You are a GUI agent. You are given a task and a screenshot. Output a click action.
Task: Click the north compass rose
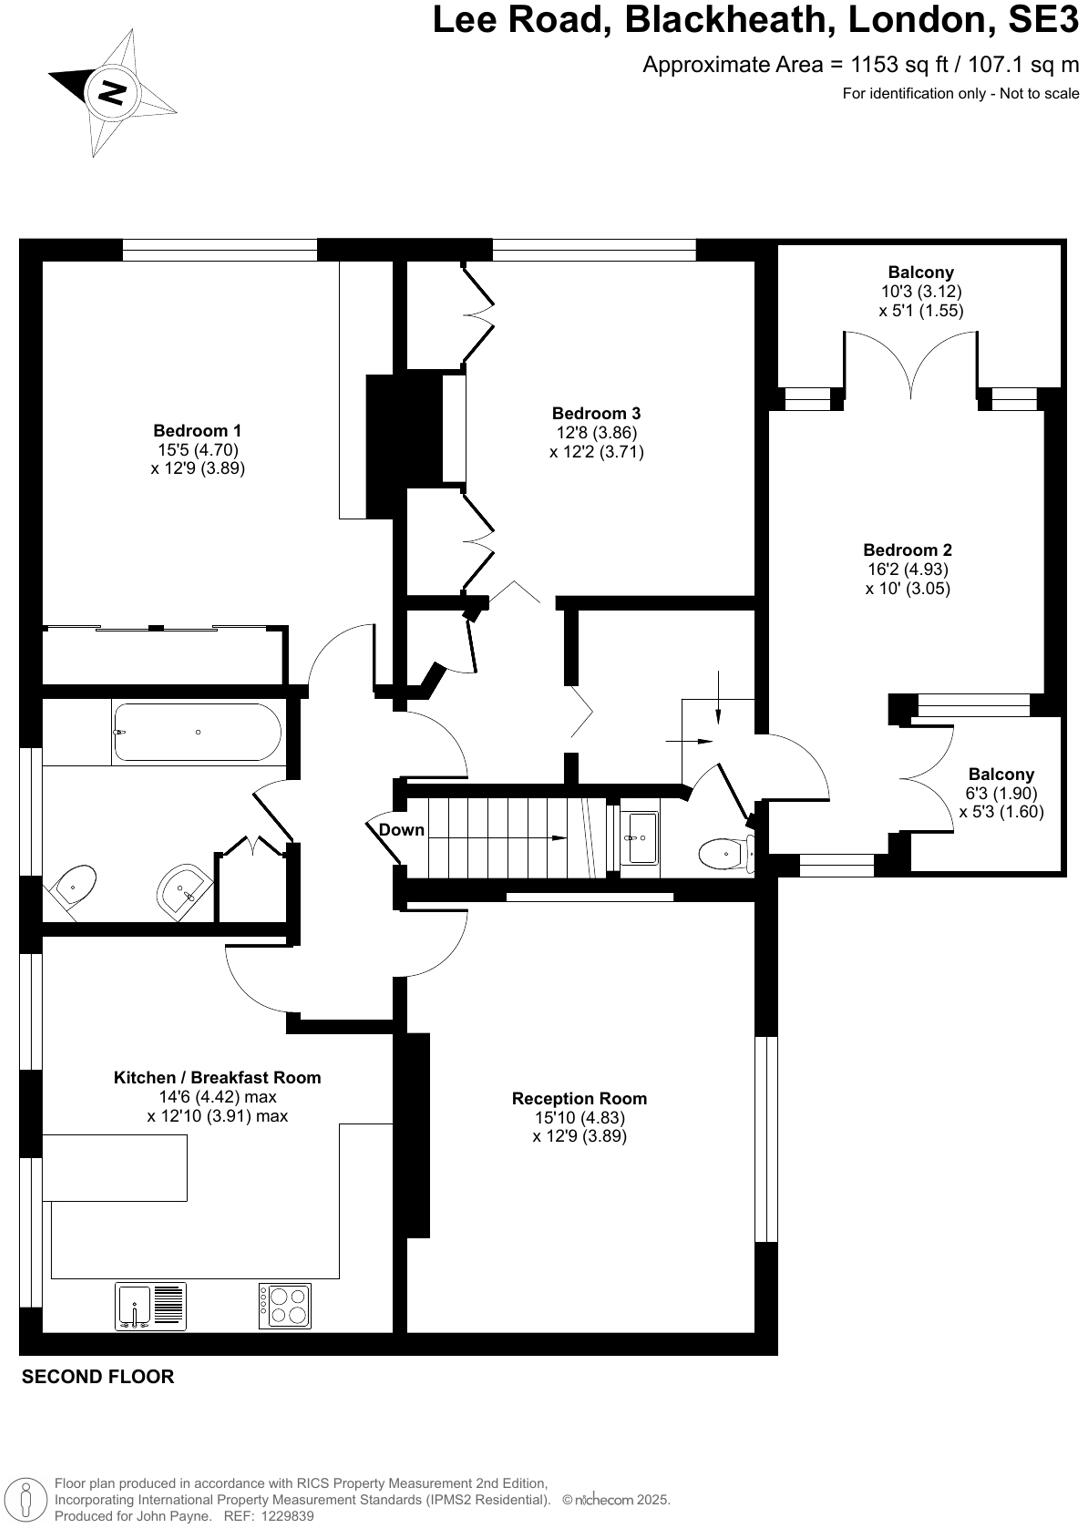pos(112,92)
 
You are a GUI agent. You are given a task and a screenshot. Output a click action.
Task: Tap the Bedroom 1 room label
pos(197,431)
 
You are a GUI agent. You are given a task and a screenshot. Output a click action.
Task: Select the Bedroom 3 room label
pos(596,413)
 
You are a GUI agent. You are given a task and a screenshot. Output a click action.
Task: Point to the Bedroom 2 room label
pos(907,550)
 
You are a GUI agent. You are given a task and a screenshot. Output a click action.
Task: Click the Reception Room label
pos(579,1098)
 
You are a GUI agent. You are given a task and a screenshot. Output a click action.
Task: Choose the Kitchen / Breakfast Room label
pos(217,1077)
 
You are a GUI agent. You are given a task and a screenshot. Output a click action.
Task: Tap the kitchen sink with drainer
pos(151,1305)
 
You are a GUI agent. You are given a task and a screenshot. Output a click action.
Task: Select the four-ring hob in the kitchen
pos(285,1305)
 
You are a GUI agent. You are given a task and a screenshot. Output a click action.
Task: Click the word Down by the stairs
pos(401,830)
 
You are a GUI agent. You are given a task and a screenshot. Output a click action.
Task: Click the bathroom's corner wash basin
pos(184,886)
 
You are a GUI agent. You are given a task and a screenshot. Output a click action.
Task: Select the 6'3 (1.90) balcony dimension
pos(1000,793)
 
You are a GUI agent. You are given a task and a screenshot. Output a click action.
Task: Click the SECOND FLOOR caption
pos(98,1376)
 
